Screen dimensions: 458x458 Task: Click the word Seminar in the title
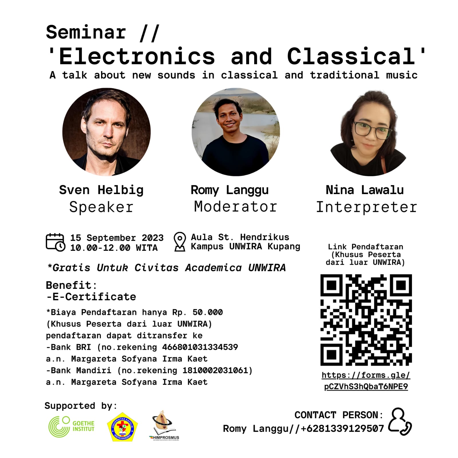86,32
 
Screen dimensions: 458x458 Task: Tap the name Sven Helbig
101,190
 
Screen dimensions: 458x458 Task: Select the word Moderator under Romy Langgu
236,207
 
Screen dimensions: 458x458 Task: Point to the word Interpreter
366,207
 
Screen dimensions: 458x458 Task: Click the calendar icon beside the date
56,242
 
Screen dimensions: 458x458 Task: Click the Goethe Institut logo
72,426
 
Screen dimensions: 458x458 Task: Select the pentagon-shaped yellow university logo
122,427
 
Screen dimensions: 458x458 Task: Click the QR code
366,320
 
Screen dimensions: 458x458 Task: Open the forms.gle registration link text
366,381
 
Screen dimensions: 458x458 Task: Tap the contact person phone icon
400,421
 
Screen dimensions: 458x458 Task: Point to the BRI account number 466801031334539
200,347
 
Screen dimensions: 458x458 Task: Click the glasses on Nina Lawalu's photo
373,129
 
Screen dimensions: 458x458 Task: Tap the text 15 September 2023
117,238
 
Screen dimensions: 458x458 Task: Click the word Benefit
69,285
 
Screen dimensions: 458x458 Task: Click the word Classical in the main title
351,56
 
